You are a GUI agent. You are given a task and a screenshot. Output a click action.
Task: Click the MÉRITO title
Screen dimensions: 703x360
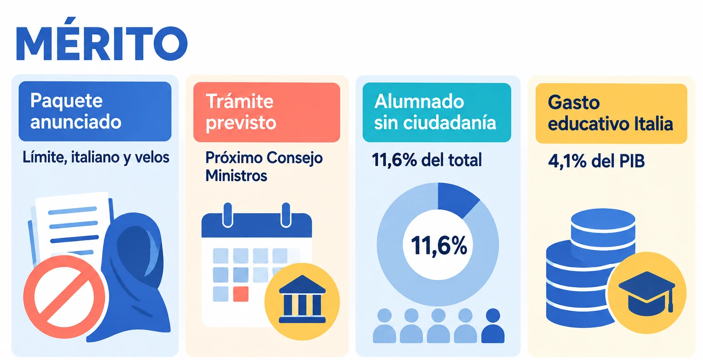tap(102, 39)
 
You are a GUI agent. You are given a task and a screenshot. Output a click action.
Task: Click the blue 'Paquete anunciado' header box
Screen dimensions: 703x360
tap(95, 111)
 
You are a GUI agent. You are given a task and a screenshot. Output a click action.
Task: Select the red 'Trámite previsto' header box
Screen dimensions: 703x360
tap(267, 112)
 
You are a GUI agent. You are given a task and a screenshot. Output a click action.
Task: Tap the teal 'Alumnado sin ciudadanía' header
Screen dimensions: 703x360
tap(437, 113)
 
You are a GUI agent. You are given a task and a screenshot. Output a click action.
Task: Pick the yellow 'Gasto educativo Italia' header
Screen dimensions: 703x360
tap(611, 113)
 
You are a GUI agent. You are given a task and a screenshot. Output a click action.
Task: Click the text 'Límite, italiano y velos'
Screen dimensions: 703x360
tap(96, 157)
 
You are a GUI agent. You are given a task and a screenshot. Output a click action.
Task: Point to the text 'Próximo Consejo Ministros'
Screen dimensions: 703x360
tap(264, 167)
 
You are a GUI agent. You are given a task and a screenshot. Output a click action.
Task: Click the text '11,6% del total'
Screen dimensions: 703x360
tap(427, 160)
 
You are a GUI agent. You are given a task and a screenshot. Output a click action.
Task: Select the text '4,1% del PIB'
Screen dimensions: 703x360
tap(596, 161)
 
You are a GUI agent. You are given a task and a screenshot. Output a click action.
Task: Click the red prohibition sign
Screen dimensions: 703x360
tap(65, 297)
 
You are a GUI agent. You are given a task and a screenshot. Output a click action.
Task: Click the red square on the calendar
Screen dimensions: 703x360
tap(241, 294)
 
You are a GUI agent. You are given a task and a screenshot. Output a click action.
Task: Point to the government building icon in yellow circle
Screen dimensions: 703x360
tap(302, 301)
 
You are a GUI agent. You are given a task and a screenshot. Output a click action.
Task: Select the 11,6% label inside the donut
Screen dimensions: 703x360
tap(439, 246)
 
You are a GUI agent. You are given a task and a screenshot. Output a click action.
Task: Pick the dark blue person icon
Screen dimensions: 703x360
tap(493, 326)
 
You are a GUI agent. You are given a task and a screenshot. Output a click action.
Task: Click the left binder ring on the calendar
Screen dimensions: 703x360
tap(227, 215)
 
